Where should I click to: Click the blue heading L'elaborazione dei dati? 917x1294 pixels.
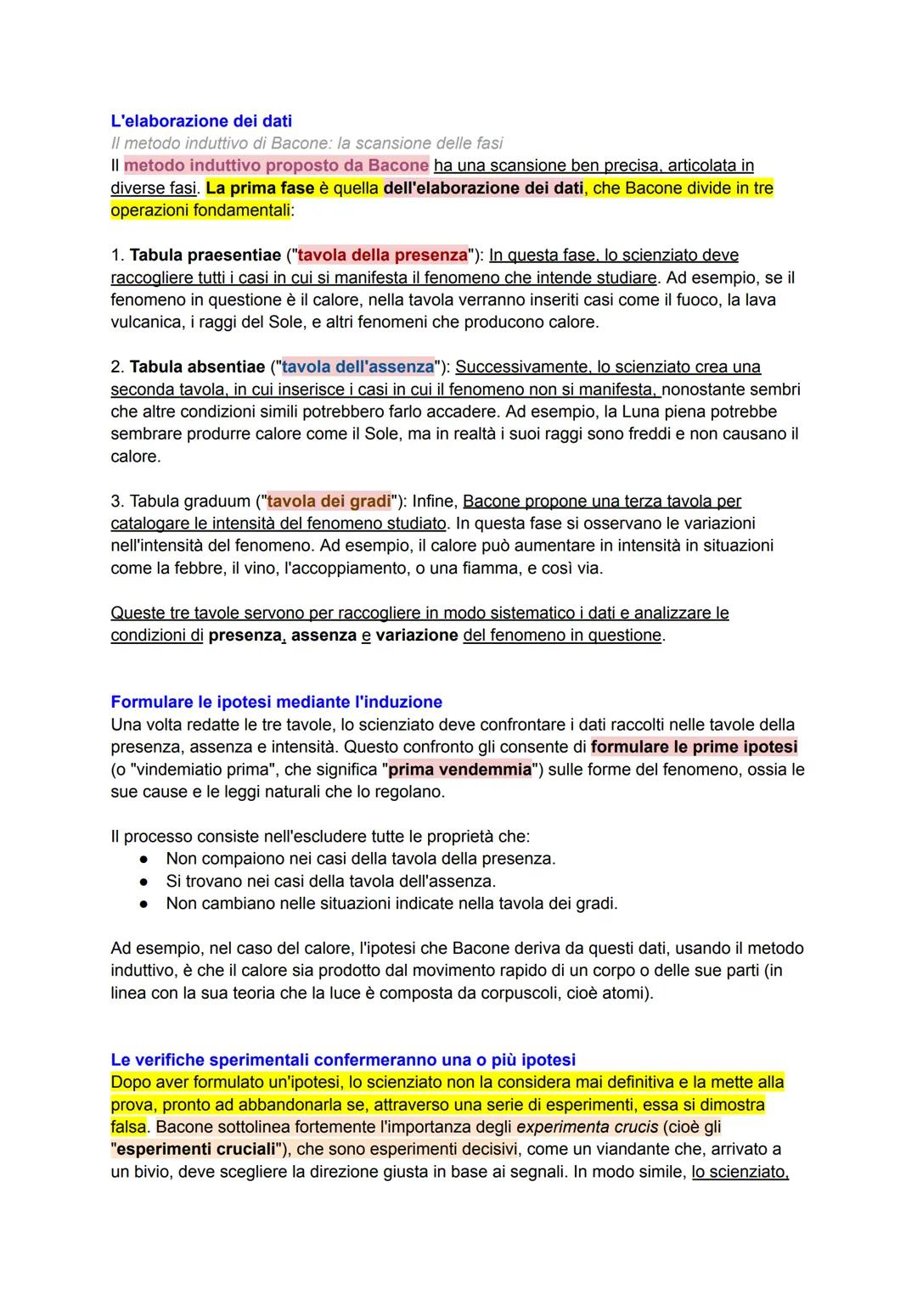(201, 120)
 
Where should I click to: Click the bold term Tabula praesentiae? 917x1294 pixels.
(205, 255)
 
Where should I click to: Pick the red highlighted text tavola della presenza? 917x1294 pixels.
(382, 255)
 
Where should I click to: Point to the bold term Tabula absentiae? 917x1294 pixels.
(197, 367)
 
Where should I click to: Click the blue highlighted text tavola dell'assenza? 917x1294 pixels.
(357, 367)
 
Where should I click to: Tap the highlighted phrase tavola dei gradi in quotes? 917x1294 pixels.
(329, 501)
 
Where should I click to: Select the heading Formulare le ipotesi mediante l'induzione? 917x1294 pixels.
(276, 702)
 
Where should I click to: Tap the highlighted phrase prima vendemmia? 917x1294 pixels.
(459, 770)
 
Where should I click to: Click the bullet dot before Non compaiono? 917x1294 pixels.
(145, 859)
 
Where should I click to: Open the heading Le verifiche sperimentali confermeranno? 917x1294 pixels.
(343, 1060)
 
